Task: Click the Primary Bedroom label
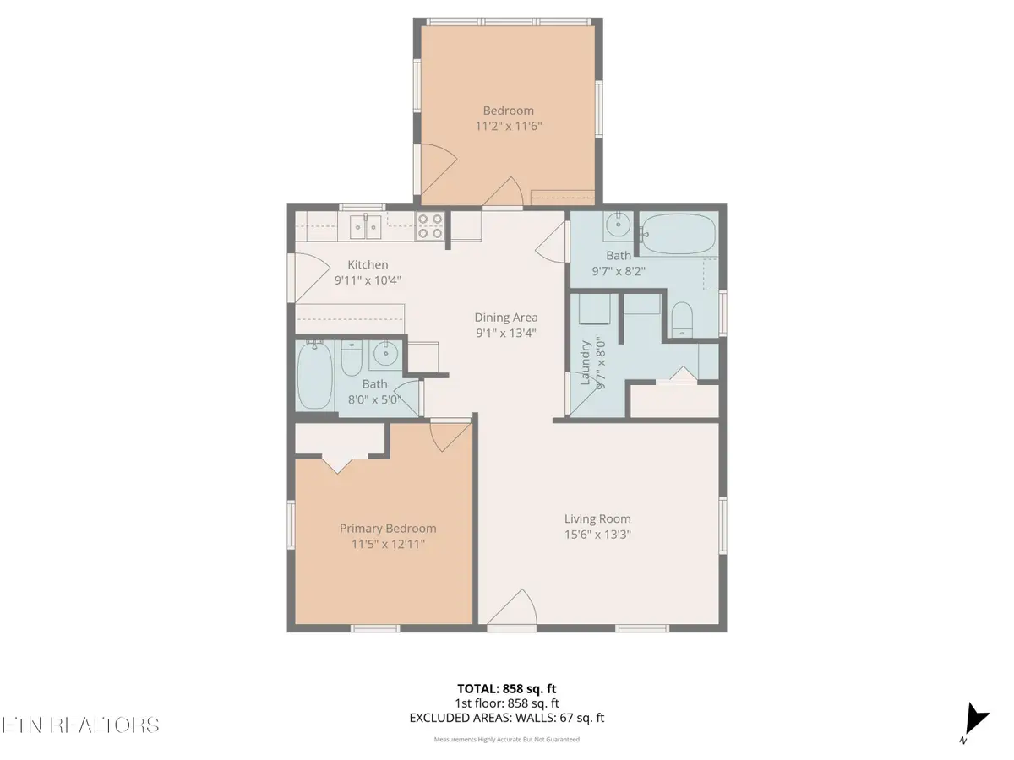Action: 388,529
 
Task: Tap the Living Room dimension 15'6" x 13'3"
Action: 597,535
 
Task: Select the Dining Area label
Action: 505,318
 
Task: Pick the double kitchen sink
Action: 365,225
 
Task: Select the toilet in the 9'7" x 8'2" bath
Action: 681,320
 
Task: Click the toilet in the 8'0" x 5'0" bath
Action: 351,360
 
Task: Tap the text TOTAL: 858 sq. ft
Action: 506,689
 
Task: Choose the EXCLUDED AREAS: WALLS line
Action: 506,719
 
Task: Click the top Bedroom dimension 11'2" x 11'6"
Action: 508,126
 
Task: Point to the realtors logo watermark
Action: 81,725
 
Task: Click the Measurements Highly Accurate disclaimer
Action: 506,739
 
